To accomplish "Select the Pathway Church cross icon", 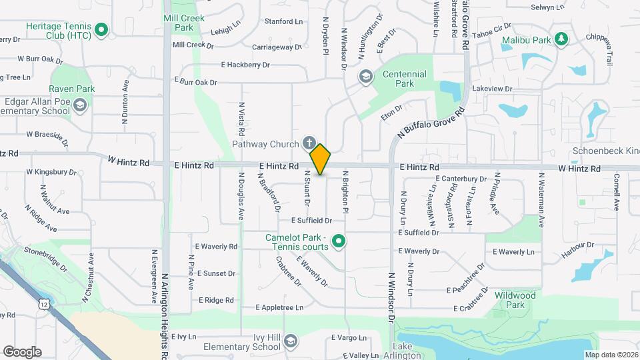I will [x=308, y=143].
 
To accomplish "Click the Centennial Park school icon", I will [x=365, y=75].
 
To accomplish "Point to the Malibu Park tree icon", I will [x=562, y=39].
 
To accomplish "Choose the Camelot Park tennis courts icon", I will [x=339, y=241].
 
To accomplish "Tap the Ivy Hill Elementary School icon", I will [x=289, y=342].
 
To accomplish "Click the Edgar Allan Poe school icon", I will [x=80, y=105].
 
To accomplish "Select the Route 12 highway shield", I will [x=44, y=304].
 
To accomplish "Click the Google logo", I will [x=22, y=352].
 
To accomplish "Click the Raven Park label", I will [x=72, y=89].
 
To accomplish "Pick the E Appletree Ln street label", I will [x=279, y=307].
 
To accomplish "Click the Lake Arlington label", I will [x=407, y=351].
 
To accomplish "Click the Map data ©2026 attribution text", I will [x=611, y=355].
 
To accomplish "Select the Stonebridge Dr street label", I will [x=47, y=258].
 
